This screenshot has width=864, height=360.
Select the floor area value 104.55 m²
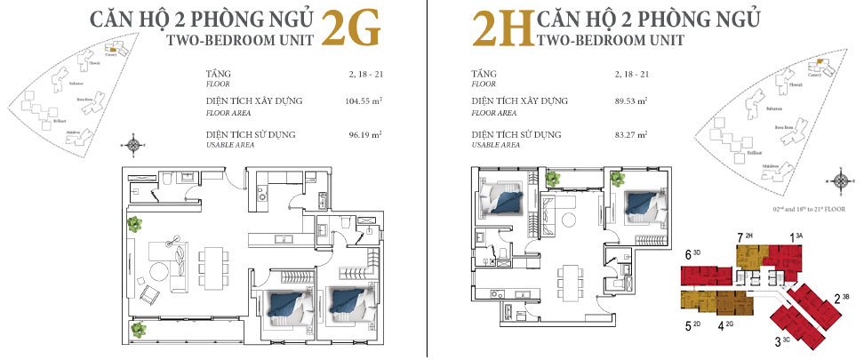(x=364, y=101)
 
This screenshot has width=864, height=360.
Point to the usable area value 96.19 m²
(x=364, y=135)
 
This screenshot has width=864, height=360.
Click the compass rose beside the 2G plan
(x=134, y=143)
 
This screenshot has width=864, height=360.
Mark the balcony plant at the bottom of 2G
(x=137, y=331)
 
